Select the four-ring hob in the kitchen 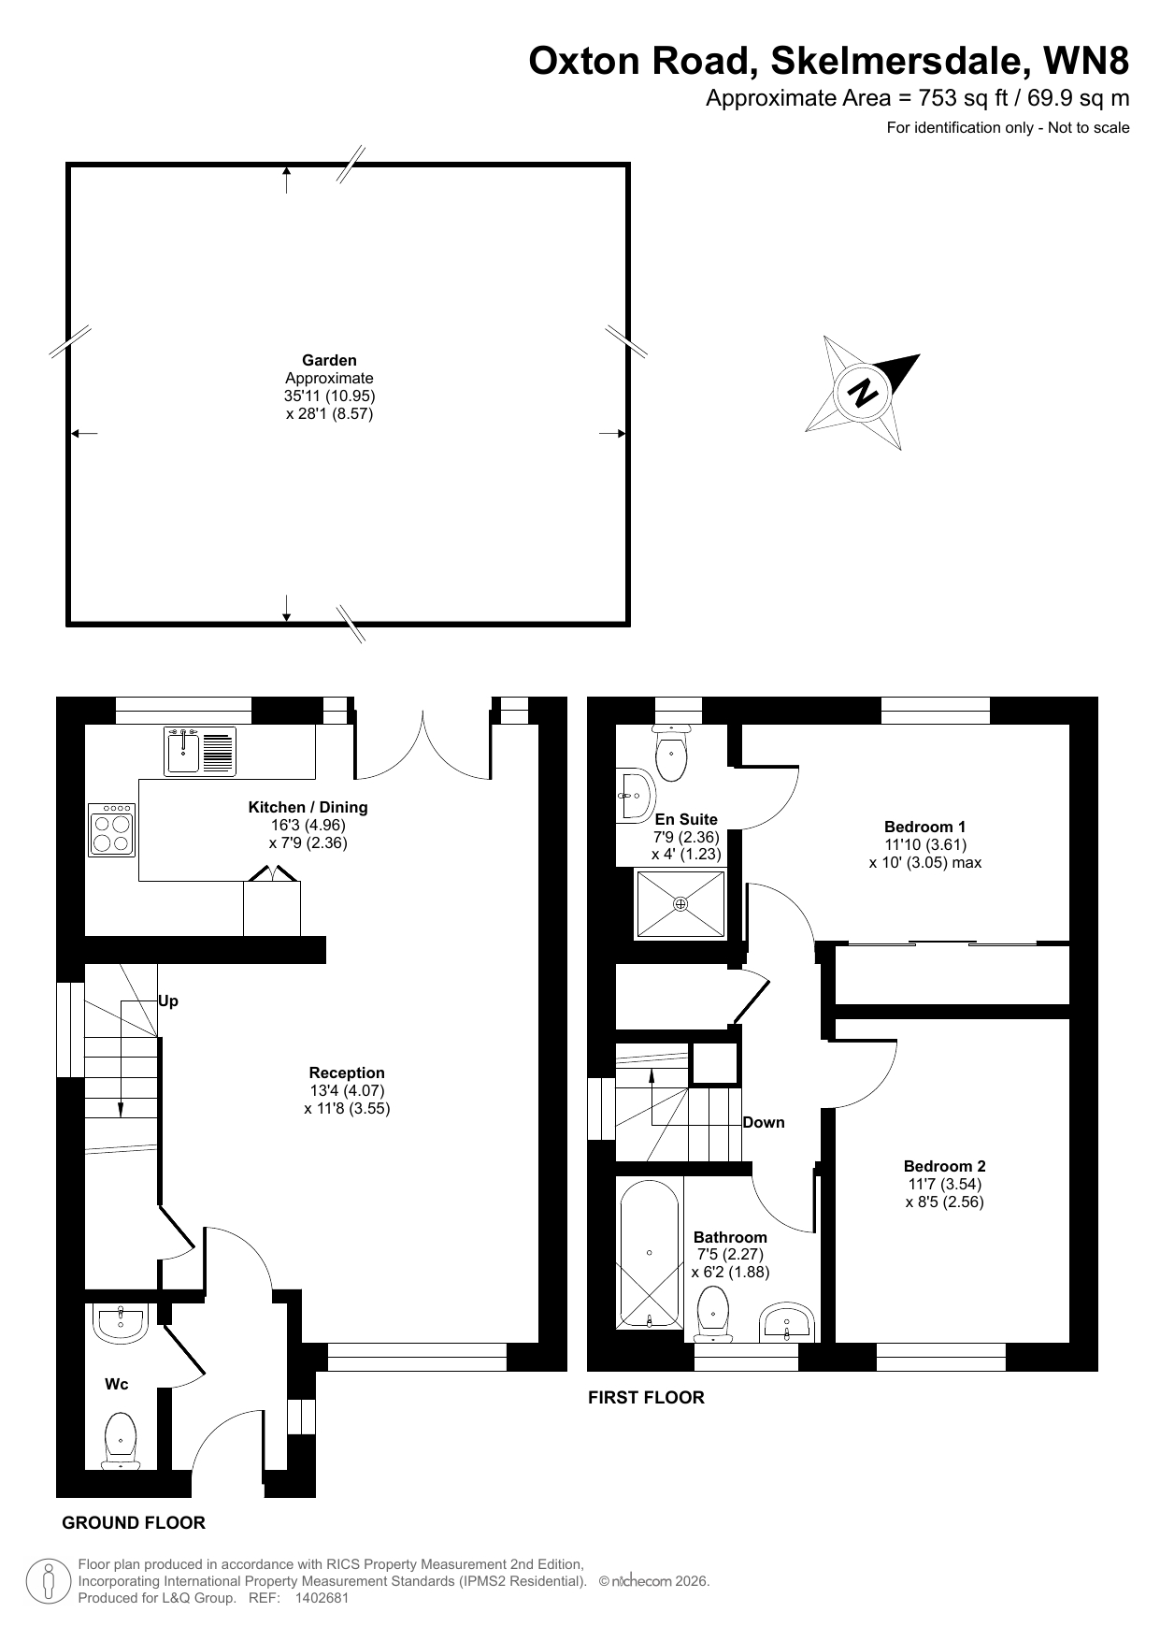(x=112, y=829)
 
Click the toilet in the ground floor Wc (x=121, y=1440)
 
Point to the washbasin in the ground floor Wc (x=120, y=1323)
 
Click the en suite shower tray (x=680, y=903)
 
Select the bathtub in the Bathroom (x=649, y=1253)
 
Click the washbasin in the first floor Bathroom (x=788, y=1322)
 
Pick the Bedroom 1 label (x=924, y=827)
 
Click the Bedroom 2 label (x=944, y=1166)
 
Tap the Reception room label (x=347, y=1073)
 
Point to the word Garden (x=329, y=360)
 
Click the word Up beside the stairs (x=168, y=1001)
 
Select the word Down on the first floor (x=764, y=1122)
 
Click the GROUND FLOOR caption (x=134, y=1523)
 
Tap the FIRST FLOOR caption (x=646, y=1398)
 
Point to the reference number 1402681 (x=322, y=1599)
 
